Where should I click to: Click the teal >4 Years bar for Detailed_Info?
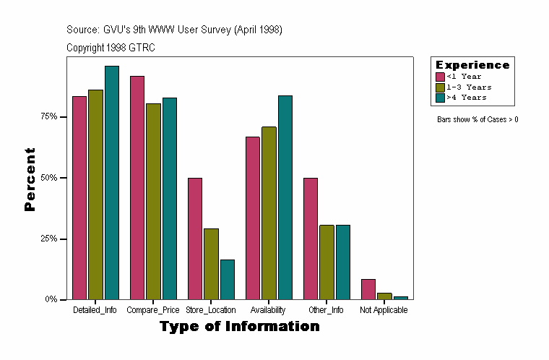click(x=111, y=182)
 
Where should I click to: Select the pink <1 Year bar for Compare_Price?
click(x=137, y=187)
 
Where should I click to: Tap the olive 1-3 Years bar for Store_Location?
click(x=211, y=264)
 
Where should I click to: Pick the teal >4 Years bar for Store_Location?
click(x=227, y=279)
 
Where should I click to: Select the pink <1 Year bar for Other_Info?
click(x=311, y=239)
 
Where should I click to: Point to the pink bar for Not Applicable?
click(x=368, y=289)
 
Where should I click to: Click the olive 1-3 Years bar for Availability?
click(x=269, y=213)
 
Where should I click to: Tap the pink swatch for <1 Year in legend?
click(x=440, y=77)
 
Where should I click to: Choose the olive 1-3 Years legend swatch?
click(x=440, y=87)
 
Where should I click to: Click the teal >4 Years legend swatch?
click(x=440, y=97)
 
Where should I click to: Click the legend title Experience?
click(x=472, y=65)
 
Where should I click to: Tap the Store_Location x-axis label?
click(x=211, y=310)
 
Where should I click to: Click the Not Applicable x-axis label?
click(x=384, y=310)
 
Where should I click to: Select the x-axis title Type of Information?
click(x=239, y=327)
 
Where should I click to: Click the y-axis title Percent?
click(x=30, y=179)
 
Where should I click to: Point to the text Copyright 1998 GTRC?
click(x=111, y=48)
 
